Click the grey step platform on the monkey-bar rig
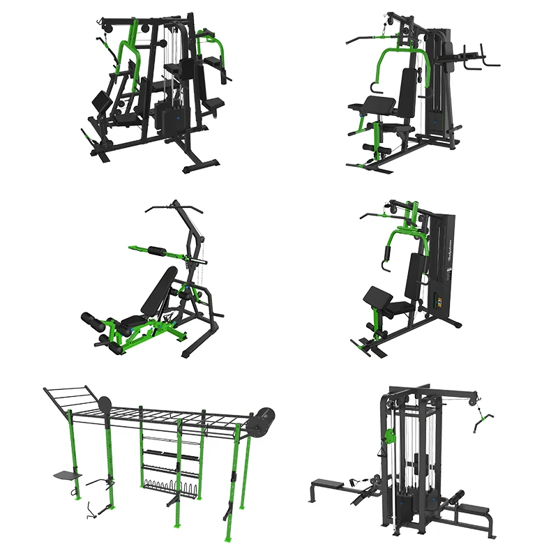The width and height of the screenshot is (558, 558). pyautogui.click(x=67, y=476)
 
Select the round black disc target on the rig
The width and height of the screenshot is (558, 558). pyautogui.click(x=105, y=405)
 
